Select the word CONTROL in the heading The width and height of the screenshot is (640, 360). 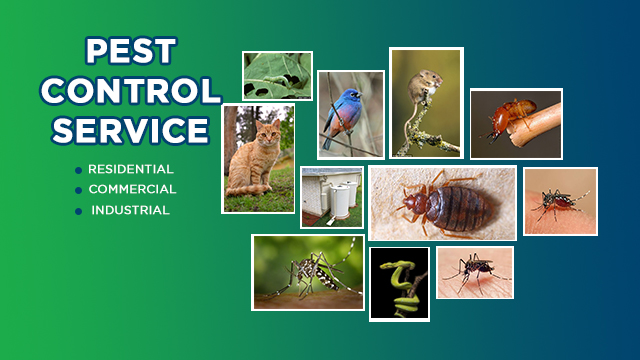[x=130, y=91]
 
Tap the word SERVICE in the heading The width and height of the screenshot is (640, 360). [x=130, y=129]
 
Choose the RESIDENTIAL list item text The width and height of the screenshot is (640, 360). [x=130, y=169]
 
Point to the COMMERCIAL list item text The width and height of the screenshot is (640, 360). [x=132, y=189]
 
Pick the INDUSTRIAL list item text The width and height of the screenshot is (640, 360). [x=130, y=210]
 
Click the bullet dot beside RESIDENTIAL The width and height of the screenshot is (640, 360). [x=77, y=170]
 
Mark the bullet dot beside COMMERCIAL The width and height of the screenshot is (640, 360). [x=77, y=190]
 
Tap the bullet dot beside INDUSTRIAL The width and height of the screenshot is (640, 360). [x=77, y=211]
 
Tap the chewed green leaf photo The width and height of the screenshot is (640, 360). [x=276, y=76]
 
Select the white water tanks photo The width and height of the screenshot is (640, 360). [x=331, y=197]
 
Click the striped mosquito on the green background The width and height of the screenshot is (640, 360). [x=306, y=271]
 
